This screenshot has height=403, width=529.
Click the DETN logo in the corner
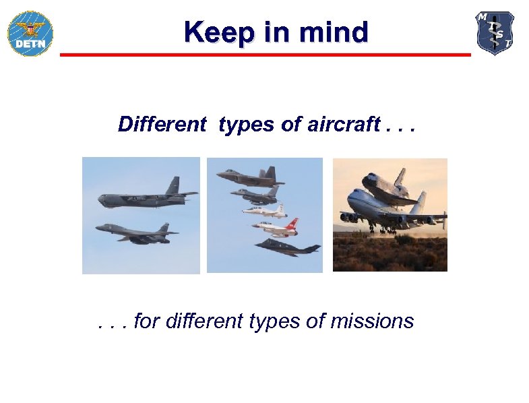tap(30, 33)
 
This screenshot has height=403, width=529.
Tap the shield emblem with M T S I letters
tap(495, 32)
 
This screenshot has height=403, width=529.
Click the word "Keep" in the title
tap(210, 32)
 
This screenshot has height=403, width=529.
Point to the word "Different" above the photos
tap(162, 125)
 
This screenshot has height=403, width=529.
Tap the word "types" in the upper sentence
tap(241, 125)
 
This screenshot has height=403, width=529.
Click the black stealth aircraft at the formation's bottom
tap(287, 247)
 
